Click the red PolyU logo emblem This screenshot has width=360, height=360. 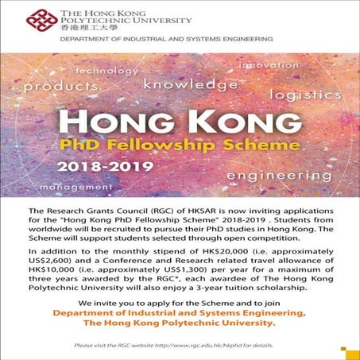[x=37, y=17]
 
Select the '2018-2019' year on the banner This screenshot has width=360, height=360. [x=98, y=168]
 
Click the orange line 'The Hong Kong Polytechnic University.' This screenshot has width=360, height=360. [x=180, y=324]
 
